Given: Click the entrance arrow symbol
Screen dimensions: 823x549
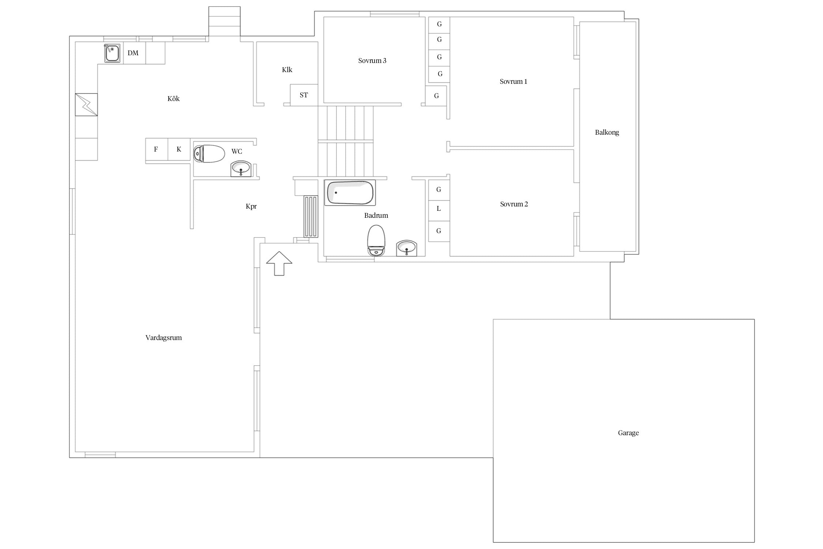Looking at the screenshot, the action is (279, 264).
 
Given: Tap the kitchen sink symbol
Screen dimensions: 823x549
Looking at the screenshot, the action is (112, 53).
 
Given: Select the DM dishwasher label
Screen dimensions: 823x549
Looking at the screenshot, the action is (133, 53).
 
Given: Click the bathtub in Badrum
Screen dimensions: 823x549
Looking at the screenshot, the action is (350, 193).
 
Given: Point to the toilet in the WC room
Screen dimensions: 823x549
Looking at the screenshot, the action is (209, 154).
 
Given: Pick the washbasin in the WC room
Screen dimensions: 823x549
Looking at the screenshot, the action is (241, 169).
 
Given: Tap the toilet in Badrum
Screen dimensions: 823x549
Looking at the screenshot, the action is (376, 240).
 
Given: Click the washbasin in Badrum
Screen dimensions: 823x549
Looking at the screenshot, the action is (407, 248).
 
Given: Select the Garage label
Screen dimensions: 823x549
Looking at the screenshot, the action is (628, 433).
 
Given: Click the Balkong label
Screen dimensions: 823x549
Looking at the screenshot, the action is (607, 132).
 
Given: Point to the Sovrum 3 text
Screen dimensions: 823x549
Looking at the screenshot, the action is (372, 61).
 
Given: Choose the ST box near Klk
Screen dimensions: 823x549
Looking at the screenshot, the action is (304, 95).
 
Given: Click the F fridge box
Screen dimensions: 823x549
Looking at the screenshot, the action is (157, 149).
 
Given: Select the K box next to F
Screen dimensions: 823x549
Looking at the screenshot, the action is (179, 149).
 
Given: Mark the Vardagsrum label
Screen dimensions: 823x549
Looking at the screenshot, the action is (164, 338).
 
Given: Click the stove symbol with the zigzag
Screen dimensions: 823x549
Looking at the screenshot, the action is (86, 105).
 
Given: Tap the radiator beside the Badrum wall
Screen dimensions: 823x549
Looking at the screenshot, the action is (311, 217).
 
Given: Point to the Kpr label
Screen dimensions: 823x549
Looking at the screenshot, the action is (251, 206).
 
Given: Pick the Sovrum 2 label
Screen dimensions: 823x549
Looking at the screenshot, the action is (514, 204).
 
